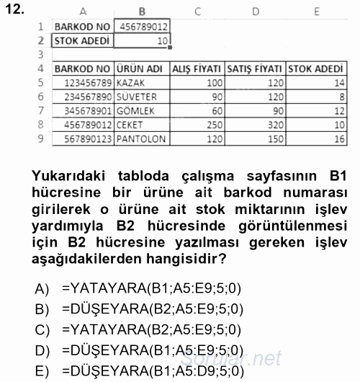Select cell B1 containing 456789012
pos(142,27)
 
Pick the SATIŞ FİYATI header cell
pos(254,69)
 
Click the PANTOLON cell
pos(140,138)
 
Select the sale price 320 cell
pos(270,125)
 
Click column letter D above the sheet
pos(255,12)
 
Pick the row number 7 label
pos(40,111)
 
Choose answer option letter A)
pos(41,289)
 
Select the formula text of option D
pos(153,352)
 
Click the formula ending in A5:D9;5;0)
pos(153,373)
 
